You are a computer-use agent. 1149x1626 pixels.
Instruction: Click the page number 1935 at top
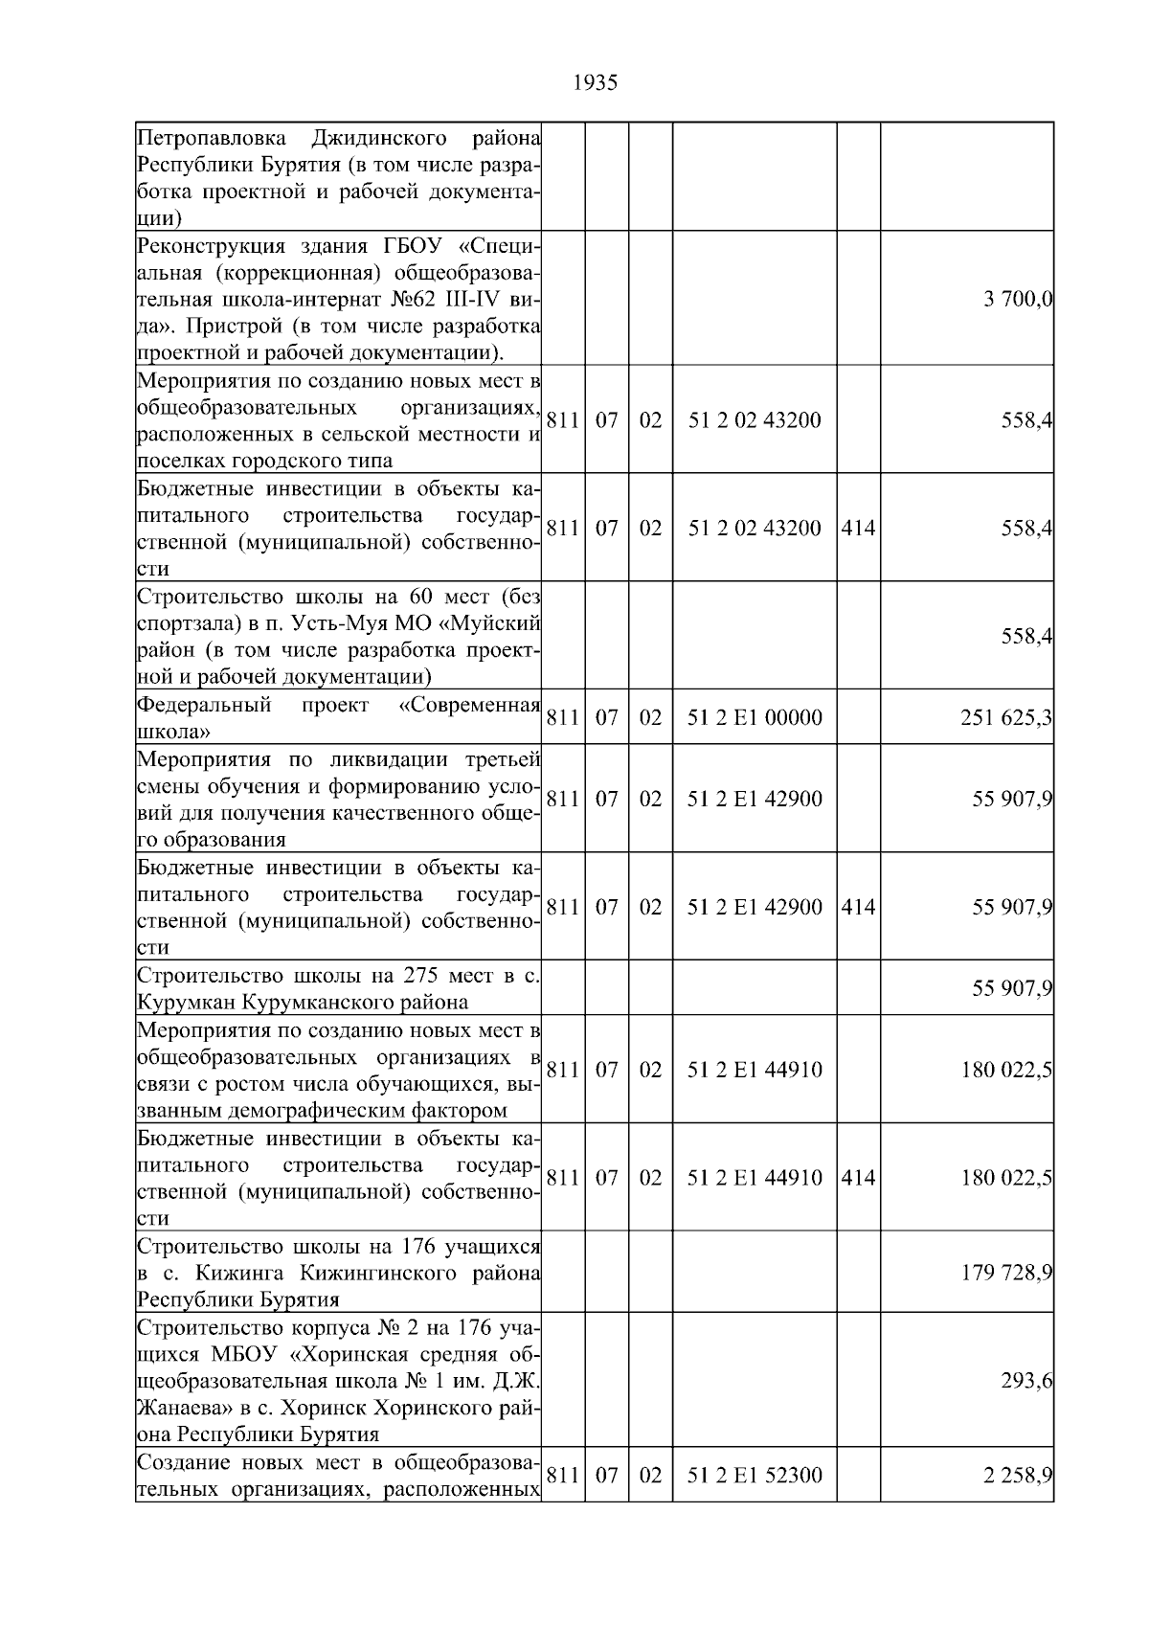point(595,83)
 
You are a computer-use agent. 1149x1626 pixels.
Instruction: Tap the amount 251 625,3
point(1006,717)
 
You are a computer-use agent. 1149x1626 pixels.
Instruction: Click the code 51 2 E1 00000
point(755,717)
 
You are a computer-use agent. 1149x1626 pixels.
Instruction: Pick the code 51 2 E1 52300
point(755,1475)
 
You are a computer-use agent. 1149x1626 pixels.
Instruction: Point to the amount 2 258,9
point(1017,1475)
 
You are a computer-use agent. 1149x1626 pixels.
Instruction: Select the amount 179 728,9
point(1006,1273)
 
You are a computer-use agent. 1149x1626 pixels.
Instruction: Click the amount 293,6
point(1028,1380)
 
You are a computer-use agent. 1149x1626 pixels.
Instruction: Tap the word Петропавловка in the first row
point(211,138)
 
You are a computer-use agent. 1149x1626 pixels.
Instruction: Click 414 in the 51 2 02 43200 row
point(858,528)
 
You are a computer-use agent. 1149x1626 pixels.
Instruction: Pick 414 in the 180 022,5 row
point(858,1178)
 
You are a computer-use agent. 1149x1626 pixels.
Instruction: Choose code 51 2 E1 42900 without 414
point(755,799)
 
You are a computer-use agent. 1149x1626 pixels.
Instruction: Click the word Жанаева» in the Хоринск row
point(173,1408)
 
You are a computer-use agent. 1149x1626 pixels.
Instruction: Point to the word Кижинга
point(241,1273)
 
